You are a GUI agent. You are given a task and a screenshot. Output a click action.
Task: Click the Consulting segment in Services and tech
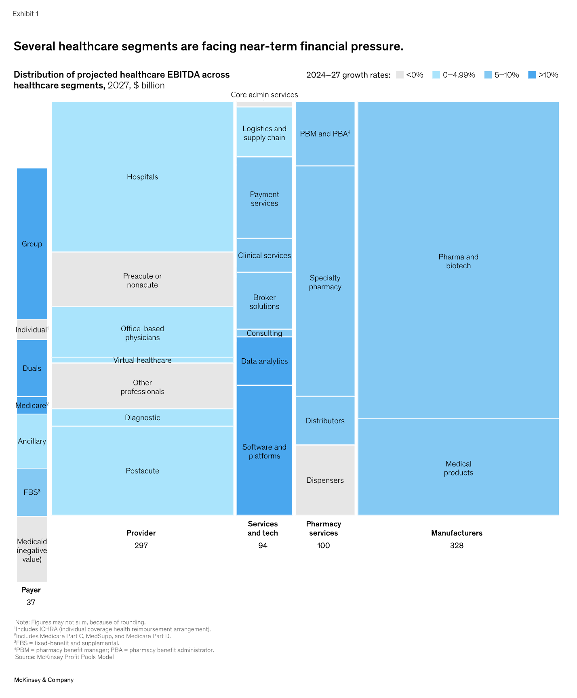tap(264, 333)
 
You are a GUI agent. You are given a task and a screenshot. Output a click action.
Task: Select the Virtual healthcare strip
tap(142, 360)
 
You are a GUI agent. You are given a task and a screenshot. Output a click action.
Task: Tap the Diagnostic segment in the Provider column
tap(142, 418)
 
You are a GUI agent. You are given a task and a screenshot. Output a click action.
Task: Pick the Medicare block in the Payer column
tap(32, 406)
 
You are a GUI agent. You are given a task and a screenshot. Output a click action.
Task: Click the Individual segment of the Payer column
tap(32, 330)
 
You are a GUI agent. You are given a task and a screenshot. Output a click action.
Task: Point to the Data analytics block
tap(264, 361)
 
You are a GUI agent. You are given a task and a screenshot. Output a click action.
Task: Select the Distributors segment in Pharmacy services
tap(325, 421)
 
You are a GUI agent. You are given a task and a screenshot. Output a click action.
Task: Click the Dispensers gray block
tap(325, 480)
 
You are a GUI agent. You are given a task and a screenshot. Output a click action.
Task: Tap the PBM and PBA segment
tap(325, 134)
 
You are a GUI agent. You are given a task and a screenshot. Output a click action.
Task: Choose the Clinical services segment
tap(264, 256)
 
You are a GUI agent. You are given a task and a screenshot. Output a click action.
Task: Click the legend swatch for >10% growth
tap(532, 75)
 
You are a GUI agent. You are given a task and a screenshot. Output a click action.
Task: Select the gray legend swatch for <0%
tap(400, 75)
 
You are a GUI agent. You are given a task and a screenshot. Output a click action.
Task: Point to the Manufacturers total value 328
tap(457, 546)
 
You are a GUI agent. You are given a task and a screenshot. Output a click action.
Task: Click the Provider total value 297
tap(141, 546)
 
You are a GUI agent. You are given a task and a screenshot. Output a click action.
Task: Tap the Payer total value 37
tap(31, 603)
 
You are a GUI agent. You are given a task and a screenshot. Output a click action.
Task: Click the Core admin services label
tap(264, 95)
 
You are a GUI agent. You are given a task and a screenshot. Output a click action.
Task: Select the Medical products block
tap(458, 468)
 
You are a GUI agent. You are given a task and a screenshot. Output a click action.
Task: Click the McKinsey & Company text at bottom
tap(44, 680)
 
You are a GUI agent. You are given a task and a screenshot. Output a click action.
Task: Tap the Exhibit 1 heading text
tap(25, 14)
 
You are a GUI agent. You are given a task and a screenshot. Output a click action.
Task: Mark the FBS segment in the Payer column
tap(32, 492)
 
